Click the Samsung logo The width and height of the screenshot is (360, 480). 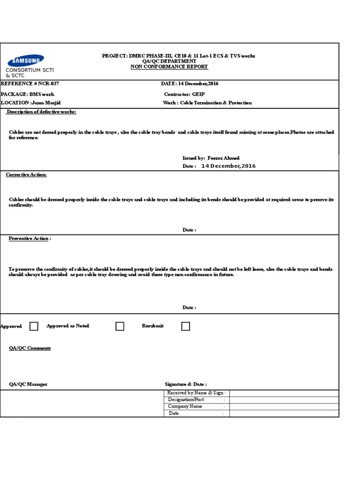tap(26, 60)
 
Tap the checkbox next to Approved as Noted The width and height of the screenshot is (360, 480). tap(120, 326)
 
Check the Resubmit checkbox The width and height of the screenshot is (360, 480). tap(186, 326)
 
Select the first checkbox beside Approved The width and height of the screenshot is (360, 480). tap(34, 326)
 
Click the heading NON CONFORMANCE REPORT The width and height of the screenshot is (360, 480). tap(169, 67)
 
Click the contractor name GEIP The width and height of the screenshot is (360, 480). tap(199, 94)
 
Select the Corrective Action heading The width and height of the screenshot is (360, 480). tap(26, 175)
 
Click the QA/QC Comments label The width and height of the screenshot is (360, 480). tap(30, 348)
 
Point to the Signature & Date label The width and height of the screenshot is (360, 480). tap(186, 384)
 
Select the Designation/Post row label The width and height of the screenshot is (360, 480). tap(186, 399)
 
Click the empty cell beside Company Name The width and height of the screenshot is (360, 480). tap(284, 406)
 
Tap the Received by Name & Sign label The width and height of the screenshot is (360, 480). tap(196, 393)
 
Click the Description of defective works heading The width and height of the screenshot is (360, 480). tap(41, 112)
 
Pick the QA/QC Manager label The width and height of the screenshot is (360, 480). tap(28, 384)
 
